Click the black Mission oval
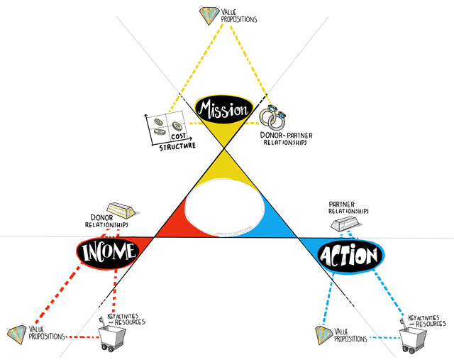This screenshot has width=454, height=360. [225, 109]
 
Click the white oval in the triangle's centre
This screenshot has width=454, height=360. [226, 208]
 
